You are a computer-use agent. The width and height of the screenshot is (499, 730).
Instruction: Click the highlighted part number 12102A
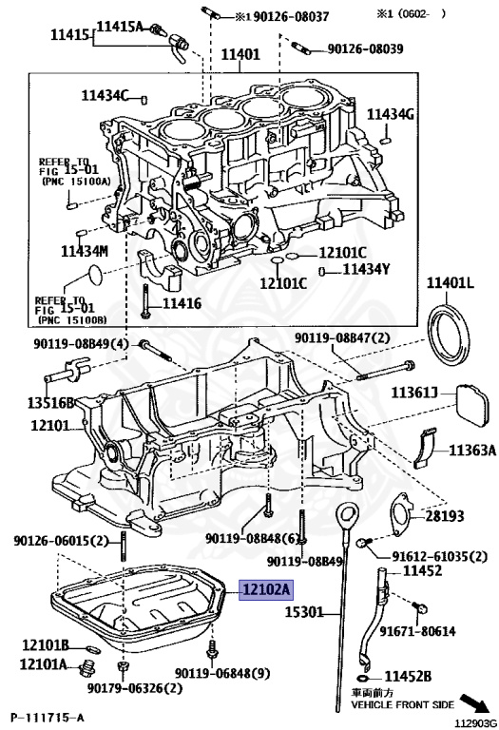click(266, 589)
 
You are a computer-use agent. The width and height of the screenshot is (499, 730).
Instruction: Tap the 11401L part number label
click(451, 283)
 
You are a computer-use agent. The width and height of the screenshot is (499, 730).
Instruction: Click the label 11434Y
click(366, 270)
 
